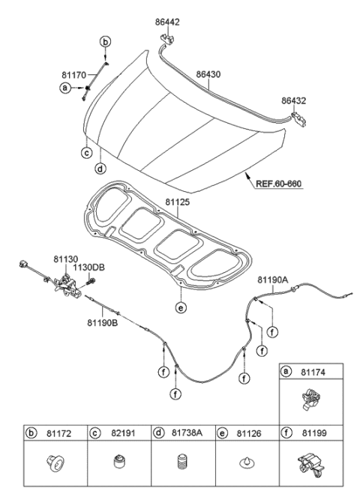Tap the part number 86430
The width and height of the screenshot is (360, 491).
211,75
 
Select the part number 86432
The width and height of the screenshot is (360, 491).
295,100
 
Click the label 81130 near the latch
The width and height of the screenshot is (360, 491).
65,258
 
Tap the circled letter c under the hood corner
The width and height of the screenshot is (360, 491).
87,153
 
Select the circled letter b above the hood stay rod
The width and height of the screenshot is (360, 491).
106,40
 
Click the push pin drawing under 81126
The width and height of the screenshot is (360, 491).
244,464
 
